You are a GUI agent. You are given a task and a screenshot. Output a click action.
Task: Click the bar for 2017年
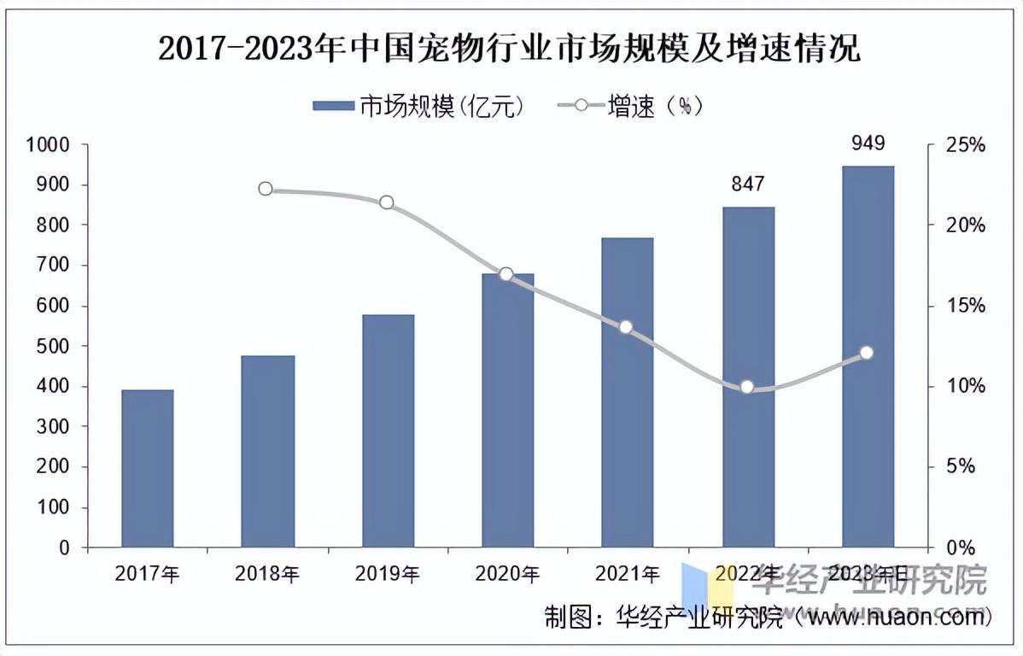click(148, 468)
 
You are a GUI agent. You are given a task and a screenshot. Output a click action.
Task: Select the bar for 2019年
click(388, 430)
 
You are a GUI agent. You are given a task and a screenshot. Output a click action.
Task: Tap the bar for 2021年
click(628, 392)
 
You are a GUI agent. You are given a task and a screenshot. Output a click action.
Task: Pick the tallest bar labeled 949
click(868, 356)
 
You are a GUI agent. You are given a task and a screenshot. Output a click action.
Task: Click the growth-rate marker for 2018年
click(266, 189)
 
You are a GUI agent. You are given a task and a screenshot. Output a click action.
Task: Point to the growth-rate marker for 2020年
click(506, 274)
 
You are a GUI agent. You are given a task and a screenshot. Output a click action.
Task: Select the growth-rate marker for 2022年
click(747, 387)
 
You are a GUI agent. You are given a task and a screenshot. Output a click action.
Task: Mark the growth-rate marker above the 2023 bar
click(867, 353)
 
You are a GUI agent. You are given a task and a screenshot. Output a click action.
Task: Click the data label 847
click(747, 184)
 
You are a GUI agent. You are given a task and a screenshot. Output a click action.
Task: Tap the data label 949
click(868, 143)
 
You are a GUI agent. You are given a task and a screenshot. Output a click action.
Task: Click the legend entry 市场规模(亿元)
click(418, 106)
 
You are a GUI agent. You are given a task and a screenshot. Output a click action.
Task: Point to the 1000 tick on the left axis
click(47, 145)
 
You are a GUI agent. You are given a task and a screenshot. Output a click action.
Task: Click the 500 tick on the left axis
click(53, 347)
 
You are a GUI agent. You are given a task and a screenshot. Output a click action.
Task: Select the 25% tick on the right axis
click(965, 145)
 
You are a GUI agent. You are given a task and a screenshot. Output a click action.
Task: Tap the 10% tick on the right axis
click(965, 387)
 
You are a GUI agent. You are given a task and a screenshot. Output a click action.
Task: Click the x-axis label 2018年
click(267, 573)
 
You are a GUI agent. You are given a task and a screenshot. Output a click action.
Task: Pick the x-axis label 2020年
click(507, 573)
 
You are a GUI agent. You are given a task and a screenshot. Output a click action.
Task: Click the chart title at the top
click(510, 50)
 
